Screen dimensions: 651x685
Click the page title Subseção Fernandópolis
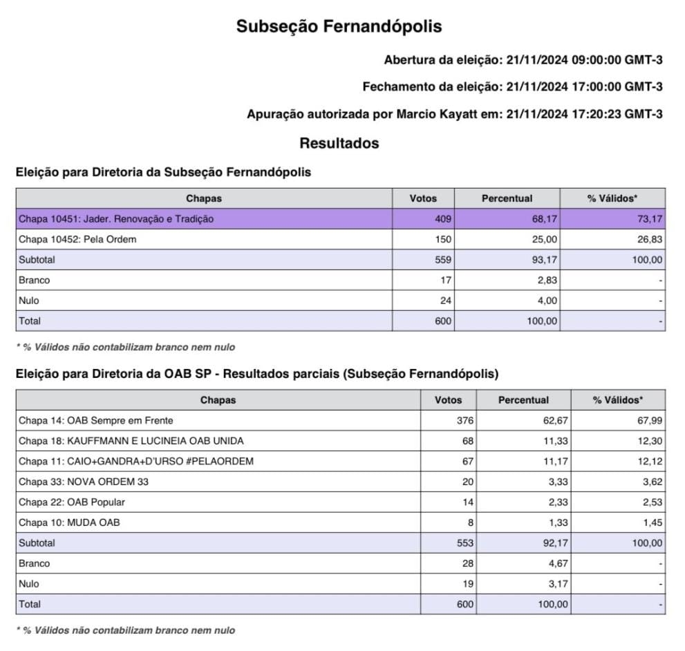(x=339, y=26)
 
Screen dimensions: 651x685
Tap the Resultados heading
(x=339, y=144)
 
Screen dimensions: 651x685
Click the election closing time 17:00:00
(x=597, y=86)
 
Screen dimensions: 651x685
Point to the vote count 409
(x=443, y=219)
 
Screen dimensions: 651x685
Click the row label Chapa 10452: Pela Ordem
(x=77, y=240)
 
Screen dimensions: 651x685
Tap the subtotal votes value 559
(x=443, y=260)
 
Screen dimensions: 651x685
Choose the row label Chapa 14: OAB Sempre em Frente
(x=96, y=420)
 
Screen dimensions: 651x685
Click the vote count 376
(x=465, y=420)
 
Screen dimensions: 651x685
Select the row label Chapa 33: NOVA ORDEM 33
(x=84, y=482)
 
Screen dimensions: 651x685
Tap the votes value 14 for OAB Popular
(x=468, y=502)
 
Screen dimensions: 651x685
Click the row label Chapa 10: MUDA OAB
(x=69, y=522)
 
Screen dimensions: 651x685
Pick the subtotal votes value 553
(x=465, y=543)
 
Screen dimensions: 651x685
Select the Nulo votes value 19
(x=468, y=584)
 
